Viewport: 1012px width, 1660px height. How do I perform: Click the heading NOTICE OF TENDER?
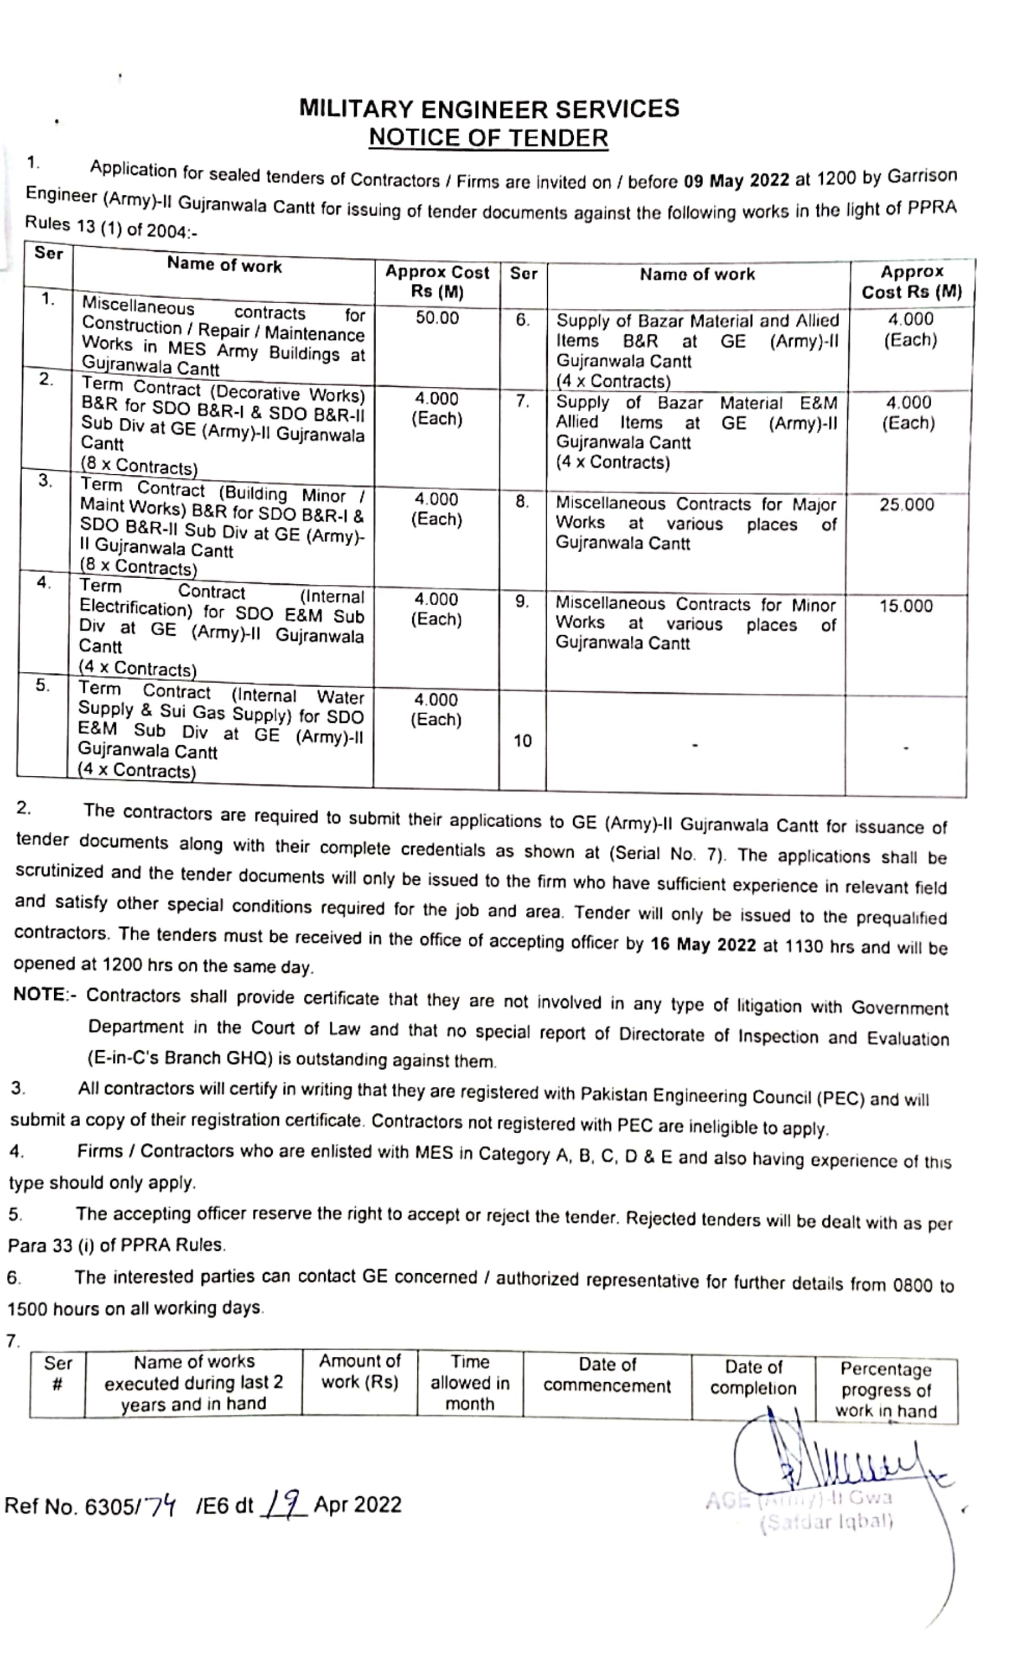(x=488, y=138)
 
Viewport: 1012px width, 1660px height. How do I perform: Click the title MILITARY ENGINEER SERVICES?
(x=489, y=108)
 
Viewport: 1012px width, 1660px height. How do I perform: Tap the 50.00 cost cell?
(x=437, y=318)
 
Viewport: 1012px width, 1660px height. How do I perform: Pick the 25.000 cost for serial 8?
(x=906, y=505)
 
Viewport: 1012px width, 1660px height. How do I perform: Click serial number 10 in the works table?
(x=522, y=741)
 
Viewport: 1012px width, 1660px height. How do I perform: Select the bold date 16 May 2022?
(x=703, y=945)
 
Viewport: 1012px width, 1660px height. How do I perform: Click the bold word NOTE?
(x=39, y=995)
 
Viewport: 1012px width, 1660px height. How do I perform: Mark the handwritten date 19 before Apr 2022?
(x=282, y=1504)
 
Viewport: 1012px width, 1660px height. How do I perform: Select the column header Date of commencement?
(x=607, y=1374)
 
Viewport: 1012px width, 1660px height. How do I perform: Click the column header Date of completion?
(x=753, y=1377)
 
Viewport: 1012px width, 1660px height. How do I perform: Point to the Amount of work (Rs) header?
(x=360, y=1371)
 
